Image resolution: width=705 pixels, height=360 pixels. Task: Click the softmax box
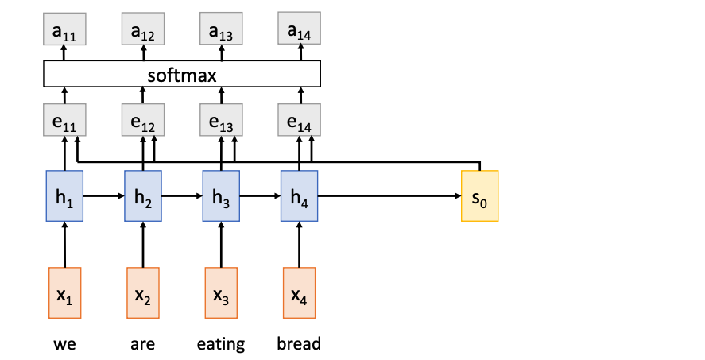click(x=181, y=75)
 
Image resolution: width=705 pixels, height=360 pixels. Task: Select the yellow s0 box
click(x=480, y=195)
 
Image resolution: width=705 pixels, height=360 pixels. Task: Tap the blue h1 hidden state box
click(x=65, y=195)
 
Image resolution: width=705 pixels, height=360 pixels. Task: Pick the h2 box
click(x=143, y=195)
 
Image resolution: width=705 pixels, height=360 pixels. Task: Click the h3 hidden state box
click(x=221, y=195)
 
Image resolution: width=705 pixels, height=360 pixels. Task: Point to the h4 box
click(x=299, y=195)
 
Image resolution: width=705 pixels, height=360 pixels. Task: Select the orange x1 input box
click(x=65, y=293)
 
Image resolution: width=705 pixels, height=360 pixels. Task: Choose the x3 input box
click(x=221, y=293)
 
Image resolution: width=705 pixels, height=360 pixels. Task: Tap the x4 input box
click(x=299, y=293)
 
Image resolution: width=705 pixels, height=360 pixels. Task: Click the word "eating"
click(x=221, y=344)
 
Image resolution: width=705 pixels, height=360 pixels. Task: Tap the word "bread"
click(x=299, y=344)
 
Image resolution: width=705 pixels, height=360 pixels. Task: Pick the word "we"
click(x=65, y=344)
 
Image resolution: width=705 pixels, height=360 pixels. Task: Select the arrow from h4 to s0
click(x=389, y=195)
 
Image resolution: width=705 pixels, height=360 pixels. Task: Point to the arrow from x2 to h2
click(x=143, y=244)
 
